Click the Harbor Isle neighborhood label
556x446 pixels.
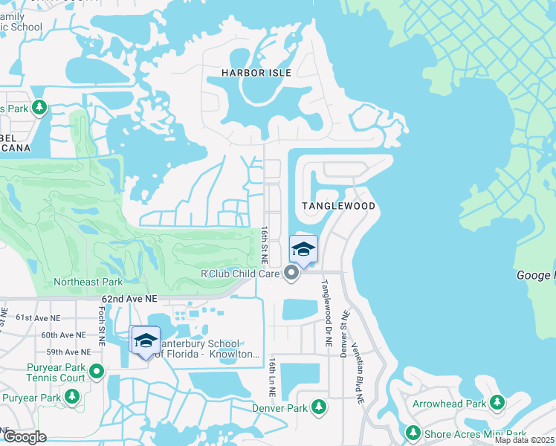click(256, 73)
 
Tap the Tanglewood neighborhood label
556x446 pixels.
click(338, 205)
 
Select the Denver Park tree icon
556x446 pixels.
click(318, 407)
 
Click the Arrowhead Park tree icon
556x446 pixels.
click(497, 404)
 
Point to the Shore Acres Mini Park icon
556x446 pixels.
click(413, 433)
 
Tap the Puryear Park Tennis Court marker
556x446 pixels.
click(96, 372)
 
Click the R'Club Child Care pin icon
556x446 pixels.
click(291, 274)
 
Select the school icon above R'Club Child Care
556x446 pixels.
click(303, 249)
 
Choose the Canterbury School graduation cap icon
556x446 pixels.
click(145, 340)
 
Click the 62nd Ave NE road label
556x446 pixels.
click(130, 298)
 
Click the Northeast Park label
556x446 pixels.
click(88, 282)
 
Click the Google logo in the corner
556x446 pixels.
click(25, 436)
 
